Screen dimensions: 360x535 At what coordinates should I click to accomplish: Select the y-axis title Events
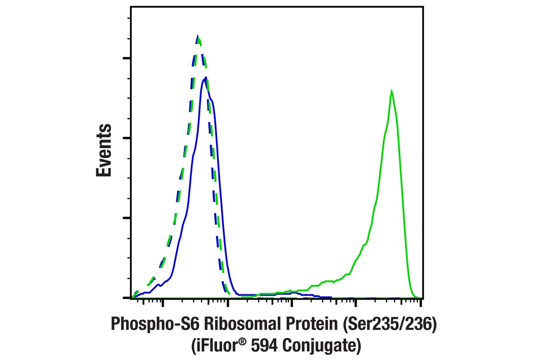click(104, 150)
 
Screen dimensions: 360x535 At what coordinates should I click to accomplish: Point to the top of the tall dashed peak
click(198, 37)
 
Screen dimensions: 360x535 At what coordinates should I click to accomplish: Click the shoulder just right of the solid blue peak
click(212, 99)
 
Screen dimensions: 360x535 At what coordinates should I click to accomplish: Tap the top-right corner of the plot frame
click(423, 7)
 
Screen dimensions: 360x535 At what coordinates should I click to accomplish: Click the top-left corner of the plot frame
click(131, 7)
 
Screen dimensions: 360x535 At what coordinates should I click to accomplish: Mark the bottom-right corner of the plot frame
click(423, 298)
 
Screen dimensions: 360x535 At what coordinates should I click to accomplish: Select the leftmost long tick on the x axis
click(163, 303)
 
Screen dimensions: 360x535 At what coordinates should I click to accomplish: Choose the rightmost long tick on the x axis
click(421, 303)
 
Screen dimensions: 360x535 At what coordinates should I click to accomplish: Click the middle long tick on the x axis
click(292, 303)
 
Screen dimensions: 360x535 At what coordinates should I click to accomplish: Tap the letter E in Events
click(104, 170)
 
